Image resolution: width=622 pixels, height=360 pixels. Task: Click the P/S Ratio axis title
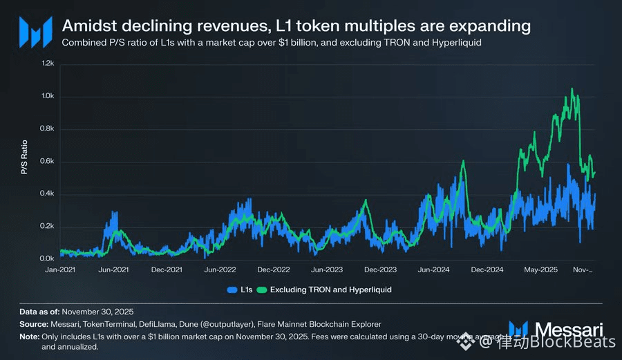(26, 160)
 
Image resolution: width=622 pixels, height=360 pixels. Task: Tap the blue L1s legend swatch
(231, 290)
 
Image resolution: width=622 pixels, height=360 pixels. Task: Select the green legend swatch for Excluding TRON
(262, 290)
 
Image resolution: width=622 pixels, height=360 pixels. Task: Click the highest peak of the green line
(572, 89)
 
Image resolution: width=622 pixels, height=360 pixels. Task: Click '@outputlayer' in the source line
(246, 324)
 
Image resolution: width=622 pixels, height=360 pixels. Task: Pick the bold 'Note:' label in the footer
(30, 336)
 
